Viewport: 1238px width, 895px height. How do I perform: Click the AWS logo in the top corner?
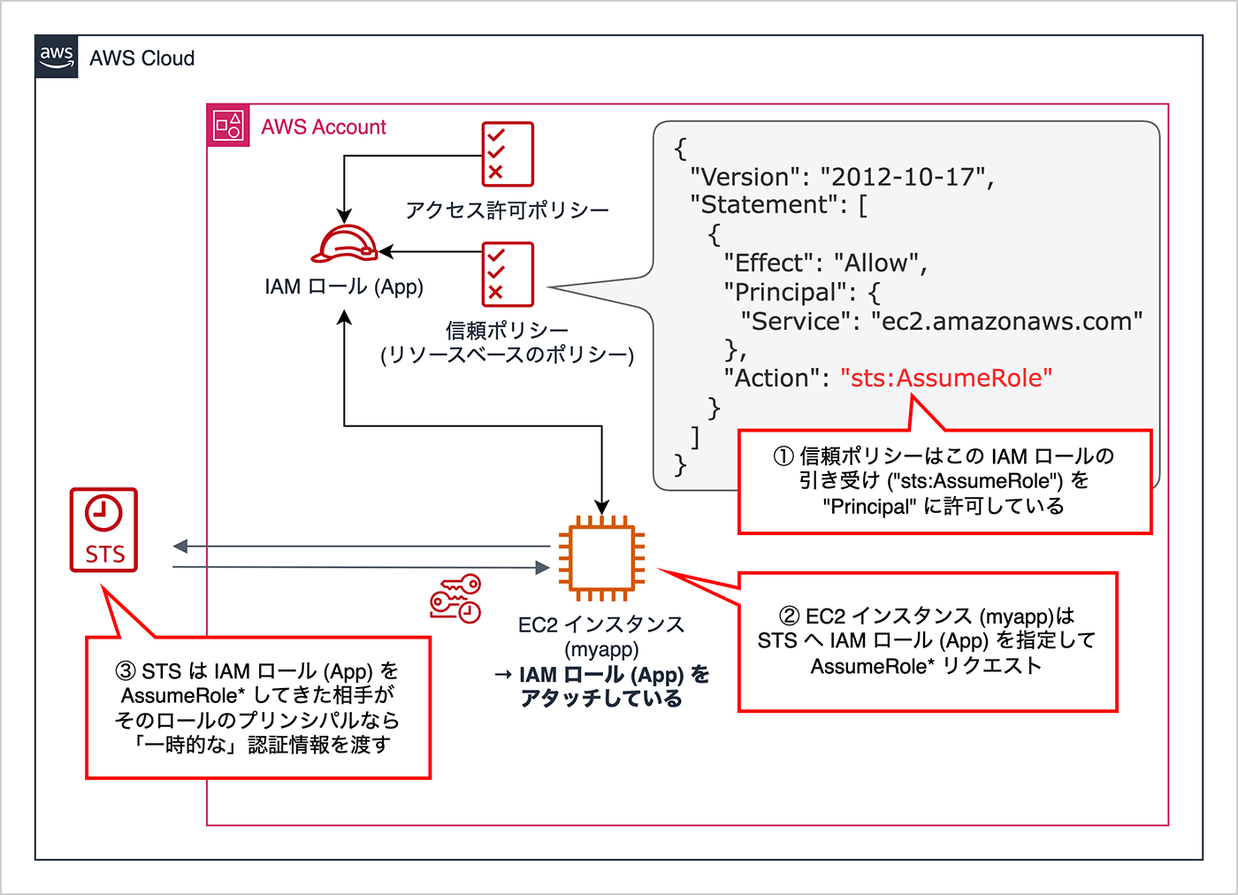point(57,57)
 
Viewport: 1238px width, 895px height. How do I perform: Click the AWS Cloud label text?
point(141,58)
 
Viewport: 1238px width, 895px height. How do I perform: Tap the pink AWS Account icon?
point(228,126)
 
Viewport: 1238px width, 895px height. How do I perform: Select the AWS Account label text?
point(324,127)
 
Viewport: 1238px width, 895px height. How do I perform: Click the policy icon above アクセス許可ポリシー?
point(508,154)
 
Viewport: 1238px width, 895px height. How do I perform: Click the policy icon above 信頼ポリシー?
point(508,274)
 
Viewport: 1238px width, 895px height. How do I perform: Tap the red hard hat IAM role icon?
point(344,244)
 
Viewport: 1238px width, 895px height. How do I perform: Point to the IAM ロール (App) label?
point(344,287)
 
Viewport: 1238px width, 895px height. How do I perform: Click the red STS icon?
point(104,530)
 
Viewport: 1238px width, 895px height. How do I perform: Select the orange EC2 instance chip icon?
point(602,557)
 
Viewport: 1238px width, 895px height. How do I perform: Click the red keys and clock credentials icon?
point(455,599)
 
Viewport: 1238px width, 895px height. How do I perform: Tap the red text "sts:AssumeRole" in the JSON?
point(946,379)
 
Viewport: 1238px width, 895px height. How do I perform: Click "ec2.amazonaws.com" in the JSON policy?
point(1006,322)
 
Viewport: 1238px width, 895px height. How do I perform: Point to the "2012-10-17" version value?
point(902,177)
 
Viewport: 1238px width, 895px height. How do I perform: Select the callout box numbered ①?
point(944,482)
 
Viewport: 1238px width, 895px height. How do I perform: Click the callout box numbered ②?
point(927,641)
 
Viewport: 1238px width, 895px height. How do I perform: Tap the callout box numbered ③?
point(257,708)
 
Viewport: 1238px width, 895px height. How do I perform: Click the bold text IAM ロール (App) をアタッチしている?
point(602,686)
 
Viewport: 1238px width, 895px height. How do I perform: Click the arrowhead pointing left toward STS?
point(180,547)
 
